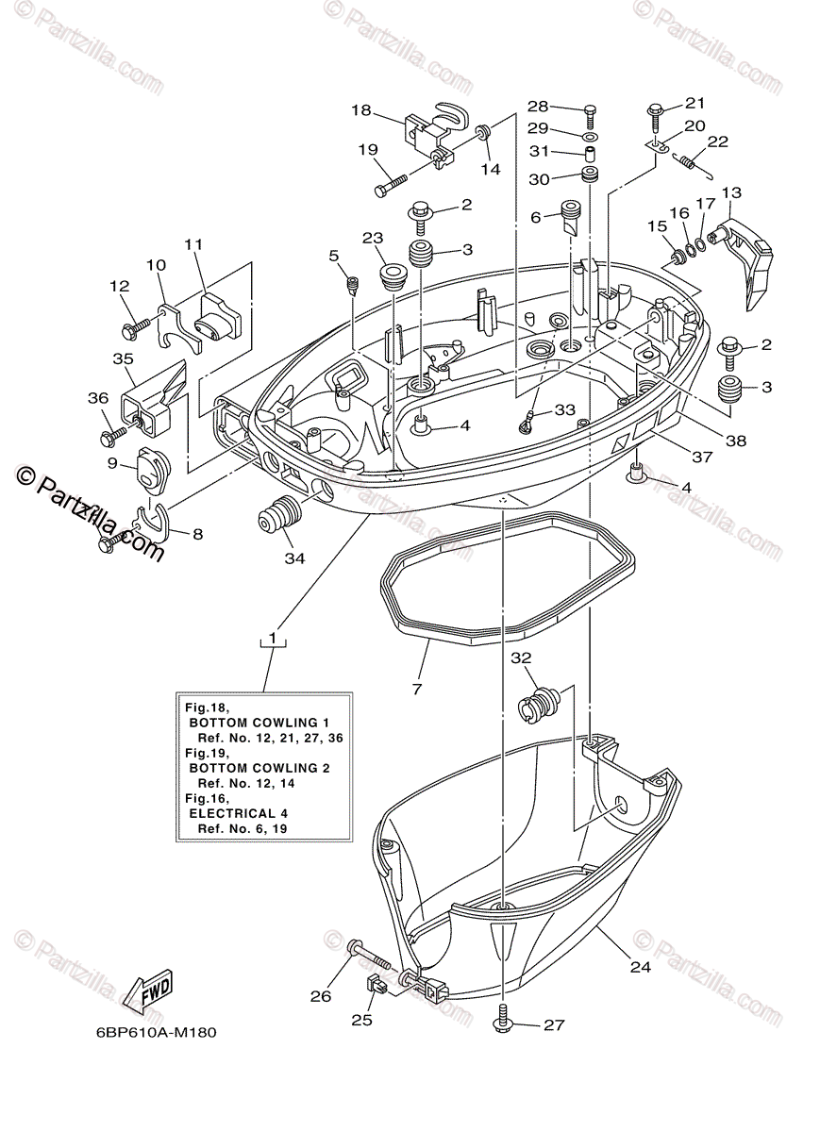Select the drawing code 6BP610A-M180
tap(156, 1032)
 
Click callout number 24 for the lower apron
tap(642, 965)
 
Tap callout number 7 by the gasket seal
tap(416, 689)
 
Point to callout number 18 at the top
tap(361, 110)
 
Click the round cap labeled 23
tap(390, 277)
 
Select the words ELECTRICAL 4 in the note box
tap(239, 812)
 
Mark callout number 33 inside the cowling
tap(564, 410)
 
